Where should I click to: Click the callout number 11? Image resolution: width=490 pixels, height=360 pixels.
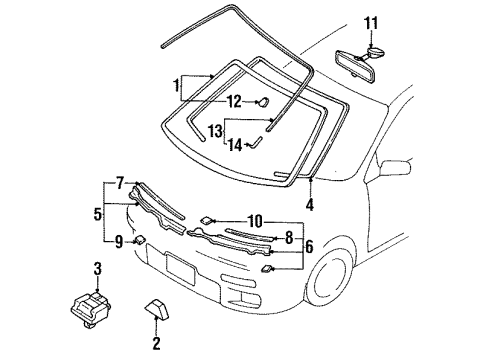[371, 23]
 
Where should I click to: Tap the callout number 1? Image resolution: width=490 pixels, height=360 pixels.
[177, 86]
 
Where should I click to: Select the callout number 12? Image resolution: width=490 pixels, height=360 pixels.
[234, 102]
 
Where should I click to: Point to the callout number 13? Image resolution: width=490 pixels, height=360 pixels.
[216, 131]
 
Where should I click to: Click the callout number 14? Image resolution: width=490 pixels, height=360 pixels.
[235, 145]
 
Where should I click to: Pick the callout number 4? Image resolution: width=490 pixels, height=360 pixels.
[310, 205]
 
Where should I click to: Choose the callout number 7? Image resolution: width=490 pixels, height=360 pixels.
[120, 184]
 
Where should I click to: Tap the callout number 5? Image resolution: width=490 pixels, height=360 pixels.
[97, 214]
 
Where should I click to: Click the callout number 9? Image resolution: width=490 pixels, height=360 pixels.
[119, 242]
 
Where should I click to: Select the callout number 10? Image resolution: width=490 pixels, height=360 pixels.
[255, 221]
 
